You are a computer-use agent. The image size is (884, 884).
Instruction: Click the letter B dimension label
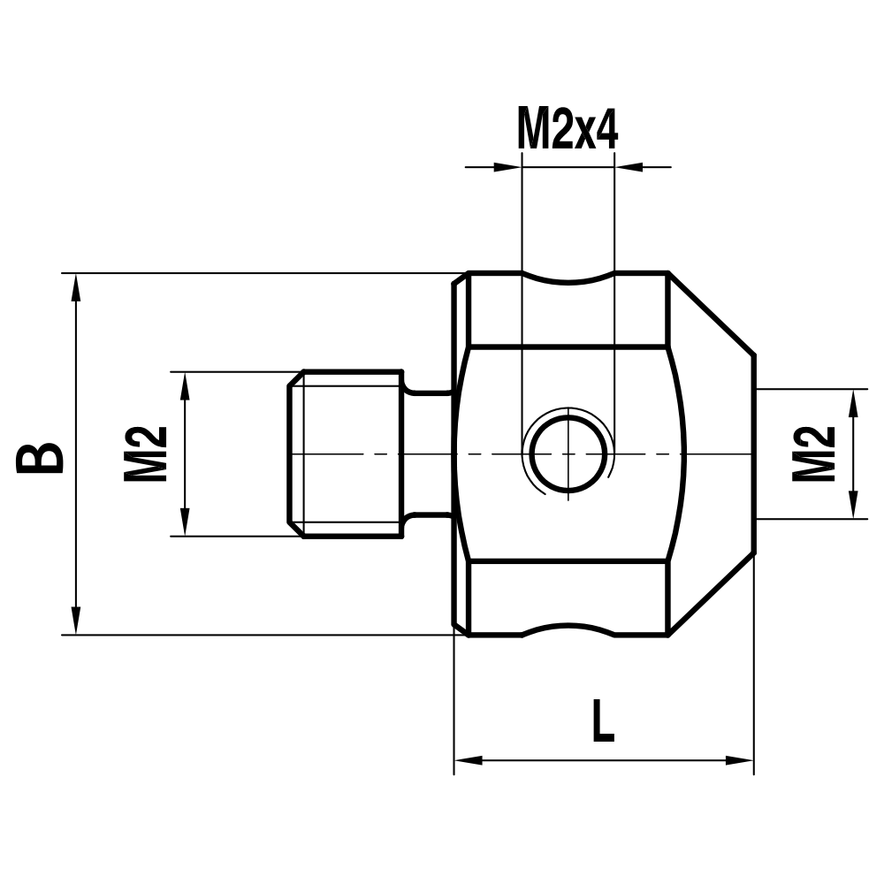point(41,456)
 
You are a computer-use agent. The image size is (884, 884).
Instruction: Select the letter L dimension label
point(602,721)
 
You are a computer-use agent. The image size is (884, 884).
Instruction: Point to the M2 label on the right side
point(813,453)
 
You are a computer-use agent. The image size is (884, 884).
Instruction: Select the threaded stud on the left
point(347,453)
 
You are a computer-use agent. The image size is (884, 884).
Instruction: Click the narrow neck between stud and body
point(430,453)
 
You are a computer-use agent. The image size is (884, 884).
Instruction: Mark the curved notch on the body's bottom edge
point(568,629)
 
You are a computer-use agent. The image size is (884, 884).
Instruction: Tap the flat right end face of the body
point(754,453)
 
